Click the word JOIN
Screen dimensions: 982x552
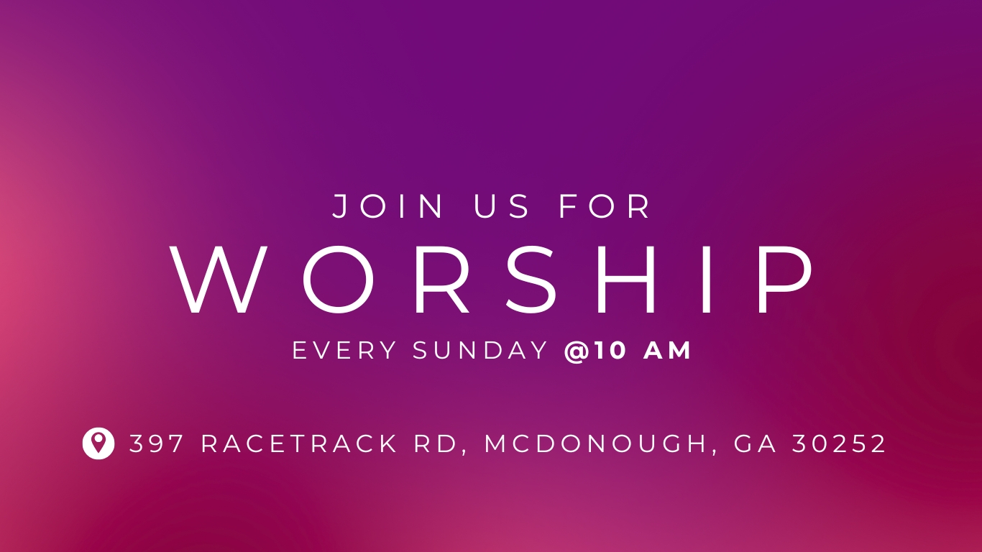(x=387, y=206)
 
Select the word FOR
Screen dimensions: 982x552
(x=605, y=206)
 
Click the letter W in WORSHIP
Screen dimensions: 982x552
(x=219, y=280)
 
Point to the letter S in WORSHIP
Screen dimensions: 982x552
(x=531, y=280)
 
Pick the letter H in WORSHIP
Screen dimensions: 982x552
(x=625, y=280)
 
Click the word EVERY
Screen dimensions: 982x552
(x=344, y=350)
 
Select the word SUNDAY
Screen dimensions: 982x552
(x=480, y=350)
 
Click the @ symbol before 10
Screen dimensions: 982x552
(x=577, y=351)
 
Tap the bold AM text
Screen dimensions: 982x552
(x=667, y=350)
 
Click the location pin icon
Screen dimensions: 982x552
(x=98, y=443)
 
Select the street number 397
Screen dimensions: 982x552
(x=156, y=443)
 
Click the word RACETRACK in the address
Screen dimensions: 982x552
(x=299, y=443)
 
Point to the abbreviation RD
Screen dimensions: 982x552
(x=441, y=444)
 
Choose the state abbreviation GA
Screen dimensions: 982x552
(x=755, y=443)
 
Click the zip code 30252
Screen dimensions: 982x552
(x=839, y=443)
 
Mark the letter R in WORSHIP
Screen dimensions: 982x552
(x=442, y=280)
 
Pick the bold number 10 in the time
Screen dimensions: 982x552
(x=610, y=350)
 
